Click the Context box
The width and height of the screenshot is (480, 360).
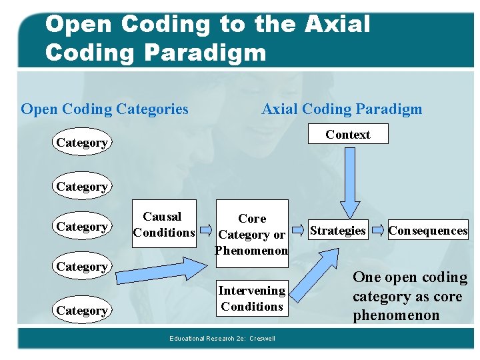(347, 135)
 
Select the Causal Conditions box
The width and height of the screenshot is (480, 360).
(164, 224)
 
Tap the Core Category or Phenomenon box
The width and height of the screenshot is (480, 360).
(252, 229)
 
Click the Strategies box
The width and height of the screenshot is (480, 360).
(338, 231)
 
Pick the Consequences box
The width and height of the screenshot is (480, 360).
(428, 231)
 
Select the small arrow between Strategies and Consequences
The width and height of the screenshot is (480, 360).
(378, 231)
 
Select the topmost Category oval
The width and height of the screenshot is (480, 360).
(82, 142)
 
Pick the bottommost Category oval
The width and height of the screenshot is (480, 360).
(82, 311)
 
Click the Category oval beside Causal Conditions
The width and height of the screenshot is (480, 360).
(82, 227)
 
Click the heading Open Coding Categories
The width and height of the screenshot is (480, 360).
(105, 109)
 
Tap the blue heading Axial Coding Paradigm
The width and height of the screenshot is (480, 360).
(341, 109)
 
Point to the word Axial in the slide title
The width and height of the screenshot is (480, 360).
(337, 24)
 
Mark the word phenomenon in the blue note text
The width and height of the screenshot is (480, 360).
(396, 315)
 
